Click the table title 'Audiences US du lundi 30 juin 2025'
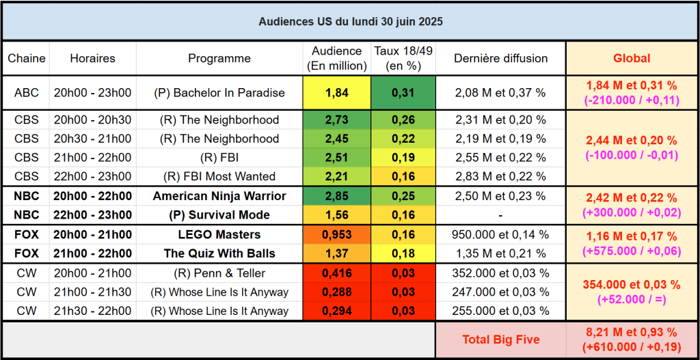pyautogui.click(x=350, y=22)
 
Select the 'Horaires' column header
pyautogui.click(x=92, y=59)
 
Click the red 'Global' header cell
pyautogui.click(x=631, y=59)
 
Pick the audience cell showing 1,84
pyautogui.click(x=336, y=93)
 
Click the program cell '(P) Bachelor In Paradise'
pyautogui.click(x=219, y=93)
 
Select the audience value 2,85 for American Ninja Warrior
pyautogui.click(x=336, y=196)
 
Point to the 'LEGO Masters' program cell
pyautogui.click(x=219, y=234)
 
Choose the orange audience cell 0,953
pyautogui.click(x=336, y=234)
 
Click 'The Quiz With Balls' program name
pyautogui.click(x=219, y=253)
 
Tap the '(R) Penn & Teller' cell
pyautogui.click(x=219, y=273)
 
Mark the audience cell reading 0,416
pyautogui.click(x=336, y=273)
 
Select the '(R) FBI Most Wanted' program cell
pyautogui.click(x=219, y=176)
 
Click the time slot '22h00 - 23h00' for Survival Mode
pyautogui.click(x=92, y=215)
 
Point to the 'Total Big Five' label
pyautogui.click(x=500, y=340)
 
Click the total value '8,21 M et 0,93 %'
pyautogui.click(x=631, y=333)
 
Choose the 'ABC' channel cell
pyautogui.click(x=26, y=93)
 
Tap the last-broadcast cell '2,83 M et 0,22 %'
pyautogui.click(x=500, y=176)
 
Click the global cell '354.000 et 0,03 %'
pyautogui.click(x=631, y=285)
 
